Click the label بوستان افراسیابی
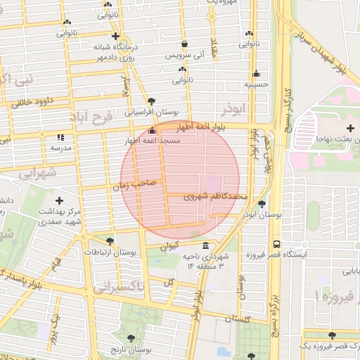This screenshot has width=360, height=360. pyautogui.click(x=152, y=112)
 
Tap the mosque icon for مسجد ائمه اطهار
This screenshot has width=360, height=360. pyautogui.click(x=153, y=131)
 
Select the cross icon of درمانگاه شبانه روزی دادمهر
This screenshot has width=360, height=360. pyautogui.click(x=115, y=36)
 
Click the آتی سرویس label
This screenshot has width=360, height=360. pyautogui.click(x=184, y=55)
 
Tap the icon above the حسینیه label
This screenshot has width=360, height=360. pyautogui.click(x=257, y=74)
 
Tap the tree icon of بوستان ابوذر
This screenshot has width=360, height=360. pyautogui.click(x=262, y=205)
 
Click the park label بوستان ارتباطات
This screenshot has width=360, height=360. pyautogui.click(x=110, y=251)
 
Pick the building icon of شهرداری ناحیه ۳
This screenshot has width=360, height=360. pyautogui.click(x=205, y=246)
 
